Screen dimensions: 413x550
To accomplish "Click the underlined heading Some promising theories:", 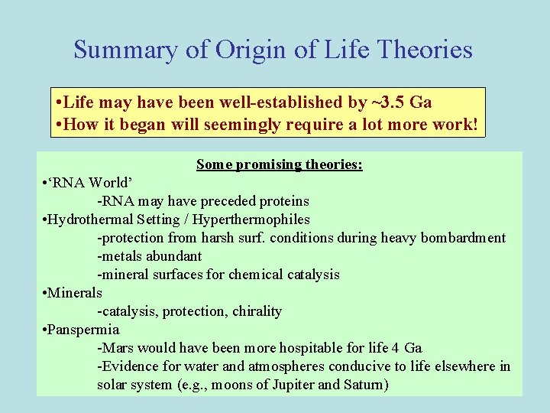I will tap(279, 164).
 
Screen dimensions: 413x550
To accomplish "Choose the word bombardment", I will tap(464, 238).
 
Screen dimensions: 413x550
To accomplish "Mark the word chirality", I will tap(255, 311).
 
